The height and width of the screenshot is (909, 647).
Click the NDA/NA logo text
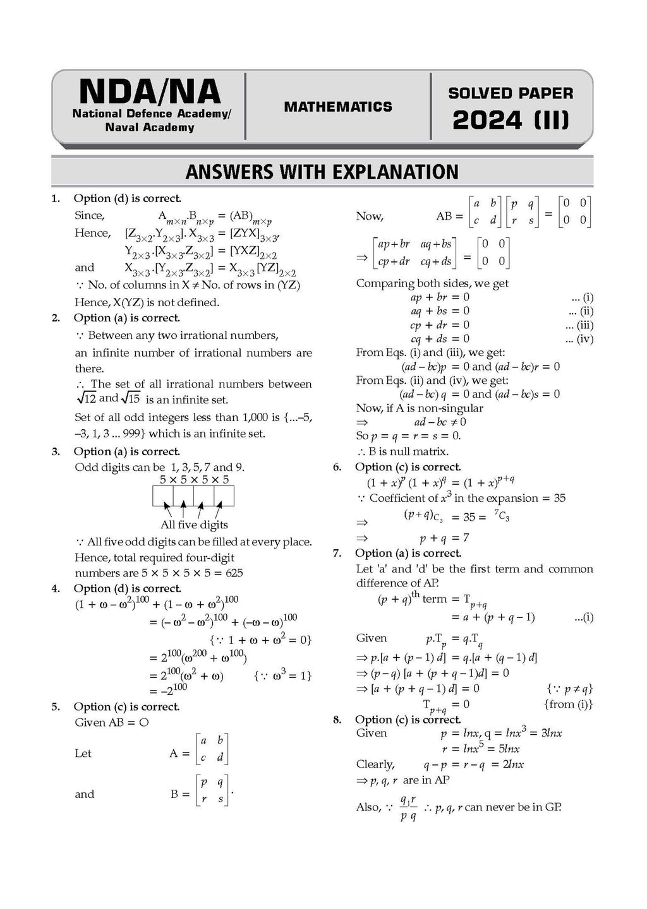point(150,92)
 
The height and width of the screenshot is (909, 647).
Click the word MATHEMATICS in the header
point(338,107)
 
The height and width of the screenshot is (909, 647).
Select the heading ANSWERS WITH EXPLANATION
point(322,172)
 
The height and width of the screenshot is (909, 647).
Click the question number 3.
point(56,451)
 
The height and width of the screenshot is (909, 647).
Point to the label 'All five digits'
point(194,525)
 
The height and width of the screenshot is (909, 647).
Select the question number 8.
point(337,720)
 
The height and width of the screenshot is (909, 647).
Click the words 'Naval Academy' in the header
point(150,128)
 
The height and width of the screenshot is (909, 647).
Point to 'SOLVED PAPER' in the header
point(511,93)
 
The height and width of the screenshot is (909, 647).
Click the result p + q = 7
point(444,538)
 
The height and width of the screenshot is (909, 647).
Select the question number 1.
point(56,199)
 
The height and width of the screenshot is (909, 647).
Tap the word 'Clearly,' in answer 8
point(375,764)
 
